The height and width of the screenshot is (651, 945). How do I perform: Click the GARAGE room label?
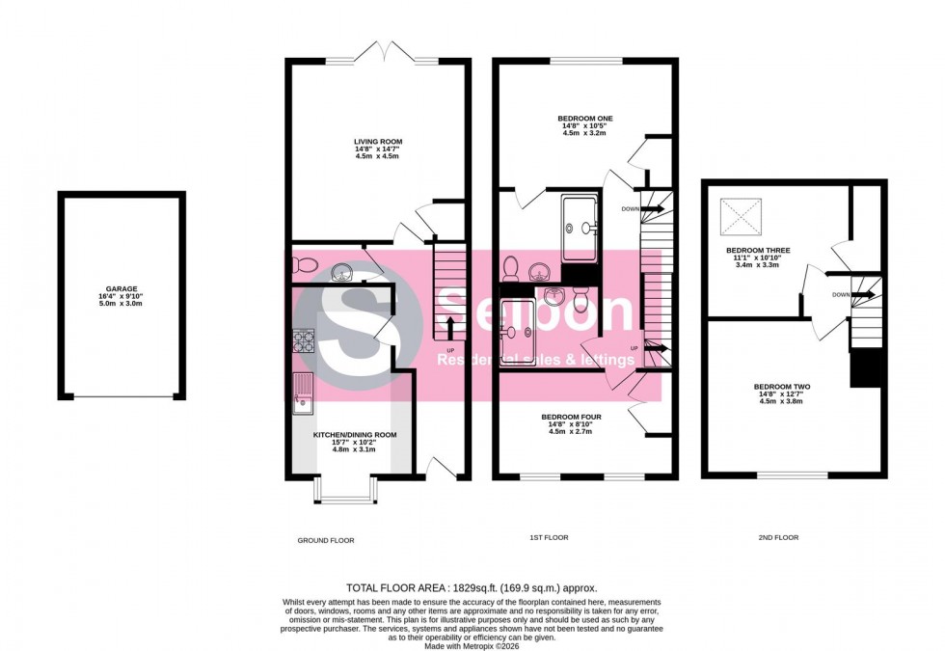tap(122, 287)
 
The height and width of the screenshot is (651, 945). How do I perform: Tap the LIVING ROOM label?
tap(377, 141)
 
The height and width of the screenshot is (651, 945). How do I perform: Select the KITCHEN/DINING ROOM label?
tap(355, 435)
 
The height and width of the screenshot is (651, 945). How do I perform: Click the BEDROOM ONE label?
tap(585, 119)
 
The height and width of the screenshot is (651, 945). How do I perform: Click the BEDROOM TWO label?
tap(781, 387)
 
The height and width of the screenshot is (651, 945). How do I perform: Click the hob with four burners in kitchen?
tap(304, 340)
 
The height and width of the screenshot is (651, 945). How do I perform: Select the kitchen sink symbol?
tap(303, 395)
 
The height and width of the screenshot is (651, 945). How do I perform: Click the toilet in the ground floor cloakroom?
tap(303, 264)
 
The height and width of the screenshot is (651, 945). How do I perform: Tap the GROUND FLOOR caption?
tap(325, 540)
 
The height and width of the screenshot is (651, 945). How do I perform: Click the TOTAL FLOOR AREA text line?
tap(472, 587)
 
